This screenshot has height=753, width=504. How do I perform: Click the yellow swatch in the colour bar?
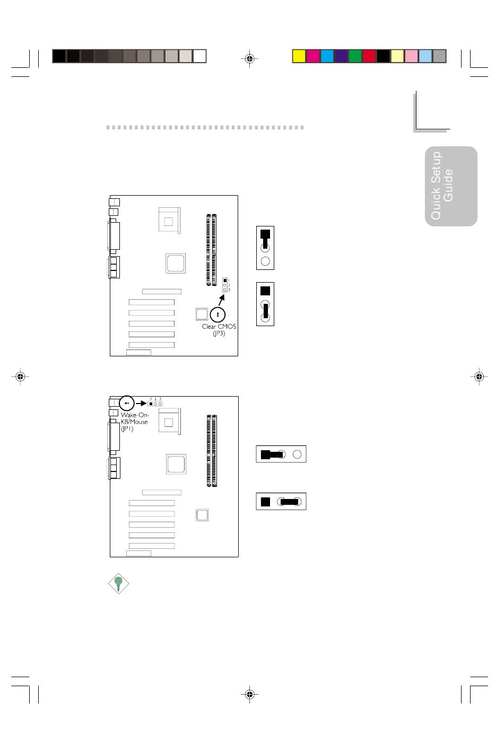(x=299, y=56)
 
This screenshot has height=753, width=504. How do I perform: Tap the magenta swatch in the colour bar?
(x=312, y=56)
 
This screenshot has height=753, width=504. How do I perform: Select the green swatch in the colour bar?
(x=355, y=56)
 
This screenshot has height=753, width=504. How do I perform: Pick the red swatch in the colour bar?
(x=369, y=56)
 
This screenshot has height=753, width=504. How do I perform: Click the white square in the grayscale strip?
(x=199, y=56)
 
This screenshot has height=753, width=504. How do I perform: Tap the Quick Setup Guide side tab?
(x=451, y=186)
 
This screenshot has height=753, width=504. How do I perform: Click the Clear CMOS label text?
(x=219, y=327)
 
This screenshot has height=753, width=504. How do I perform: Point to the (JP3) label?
(x=219, y=334)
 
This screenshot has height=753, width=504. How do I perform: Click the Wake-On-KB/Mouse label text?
(x=135, y=418)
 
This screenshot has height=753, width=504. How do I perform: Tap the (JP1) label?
(x=127, y=428)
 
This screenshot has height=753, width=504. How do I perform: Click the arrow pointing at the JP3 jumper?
(x=222, y=300)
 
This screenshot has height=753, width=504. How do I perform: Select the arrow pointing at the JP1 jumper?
(x=141, y=404)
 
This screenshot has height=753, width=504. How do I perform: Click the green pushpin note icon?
(x=118, y=583)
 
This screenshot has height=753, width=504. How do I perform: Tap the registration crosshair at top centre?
(x=249, y=59)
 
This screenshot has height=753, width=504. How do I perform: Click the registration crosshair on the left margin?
(x=20, y=376)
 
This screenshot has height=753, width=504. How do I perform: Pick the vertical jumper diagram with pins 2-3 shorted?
(x=265, y=304)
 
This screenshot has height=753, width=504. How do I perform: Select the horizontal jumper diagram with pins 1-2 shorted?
(x=281, y=454)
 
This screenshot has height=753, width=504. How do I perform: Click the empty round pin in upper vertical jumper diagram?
(x=265, y=261)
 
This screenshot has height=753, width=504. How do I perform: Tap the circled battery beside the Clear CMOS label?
(x=218, y=314)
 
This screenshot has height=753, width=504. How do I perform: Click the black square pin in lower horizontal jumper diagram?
(x=266, y=502)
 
